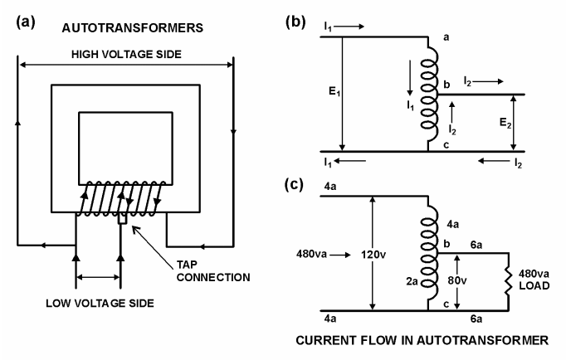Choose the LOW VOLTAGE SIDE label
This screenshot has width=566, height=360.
98,302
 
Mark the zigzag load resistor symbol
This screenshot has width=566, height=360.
508,283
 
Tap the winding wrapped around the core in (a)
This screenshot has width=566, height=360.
124,200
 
